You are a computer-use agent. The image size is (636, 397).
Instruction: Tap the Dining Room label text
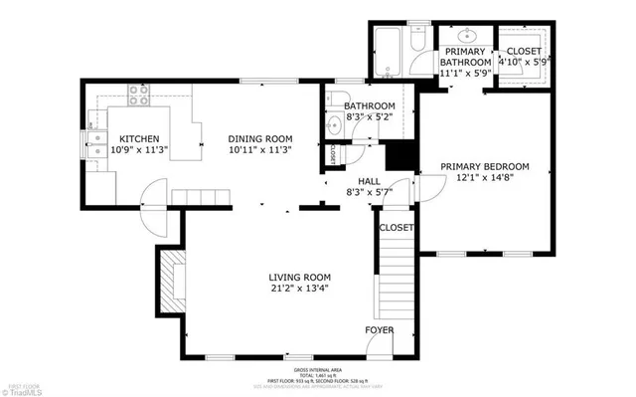[x=259, y=138]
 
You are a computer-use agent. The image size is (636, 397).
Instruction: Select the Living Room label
[x=299, y=277]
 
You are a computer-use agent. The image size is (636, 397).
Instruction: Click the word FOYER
[x=379, y=329]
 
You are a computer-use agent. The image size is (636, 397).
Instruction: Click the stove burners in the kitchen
[x=140, y=98]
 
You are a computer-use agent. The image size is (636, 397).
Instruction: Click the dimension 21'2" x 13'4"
[x=299, y=289]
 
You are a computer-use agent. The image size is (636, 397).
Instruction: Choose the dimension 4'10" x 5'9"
[x=524, y=62]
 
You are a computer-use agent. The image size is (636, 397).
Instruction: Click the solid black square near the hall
[x=399, y=156]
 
